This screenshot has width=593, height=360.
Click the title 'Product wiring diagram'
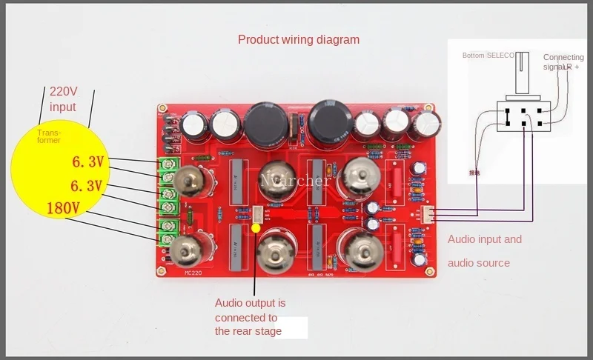(x=298, y=39)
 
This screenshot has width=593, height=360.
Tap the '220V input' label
(x=63, y=99)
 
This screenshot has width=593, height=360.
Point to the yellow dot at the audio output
(x=256, y=227)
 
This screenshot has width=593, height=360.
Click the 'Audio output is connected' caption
(x=250, y=303)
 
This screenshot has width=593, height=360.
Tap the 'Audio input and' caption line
(x=485, y=239)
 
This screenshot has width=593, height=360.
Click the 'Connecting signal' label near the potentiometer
(x=562, y=61)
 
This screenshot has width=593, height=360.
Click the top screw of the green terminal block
(x=170, y=163)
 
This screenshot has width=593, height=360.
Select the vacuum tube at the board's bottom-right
(x=362, y=250)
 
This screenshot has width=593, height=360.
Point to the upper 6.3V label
(x=87, y=161)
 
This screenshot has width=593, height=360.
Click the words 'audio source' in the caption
(x=479, y=263)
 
